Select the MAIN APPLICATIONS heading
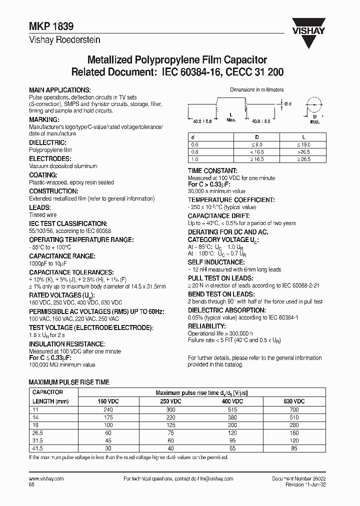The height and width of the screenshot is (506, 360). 60,89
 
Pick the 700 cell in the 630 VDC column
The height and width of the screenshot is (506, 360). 293,409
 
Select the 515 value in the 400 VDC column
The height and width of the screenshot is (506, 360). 231,409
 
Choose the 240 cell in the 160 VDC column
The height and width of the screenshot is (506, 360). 108,409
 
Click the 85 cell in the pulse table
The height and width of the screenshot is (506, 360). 293,448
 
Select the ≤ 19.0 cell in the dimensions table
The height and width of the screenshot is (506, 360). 303,144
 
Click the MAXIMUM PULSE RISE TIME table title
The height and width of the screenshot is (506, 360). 70,382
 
